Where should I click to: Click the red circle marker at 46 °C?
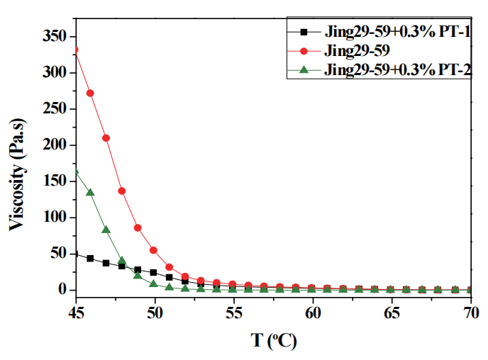tap(90, 94)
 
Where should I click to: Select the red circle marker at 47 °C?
tap(106, 138)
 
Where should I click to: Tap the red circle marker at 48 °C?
tap(122, 191)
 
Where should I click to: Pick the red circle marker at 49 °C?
tap(138, 228)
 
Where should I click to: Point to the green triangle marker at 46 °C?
tap(90, 192)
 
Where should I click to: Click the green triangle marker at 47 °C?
tap(106, 230)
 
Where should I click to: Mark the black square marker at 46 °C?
tap(90, 259)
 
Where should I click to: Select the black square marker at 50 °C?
tap(153, 272)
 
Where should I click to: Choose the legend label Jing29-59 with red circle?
tap(357, 50)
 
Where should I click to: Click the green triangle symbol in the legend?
tap(304, 69)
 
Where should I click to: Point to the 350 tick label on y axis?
tap(55, 36)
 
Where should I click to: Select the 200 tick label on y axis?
tap(55, 145)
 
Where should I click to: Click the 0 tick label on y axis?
tap(62, 289)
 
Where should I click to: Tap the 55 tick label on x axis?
tap(234, 313)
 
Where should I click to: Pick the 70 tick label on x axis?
tap(471, 313)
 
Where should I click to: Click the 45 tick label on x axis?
tap(76, 313)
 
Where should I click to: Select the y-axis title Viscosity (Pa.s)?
tap(17, 175)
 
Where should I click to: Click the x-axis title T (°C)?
tap(274, 341)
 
